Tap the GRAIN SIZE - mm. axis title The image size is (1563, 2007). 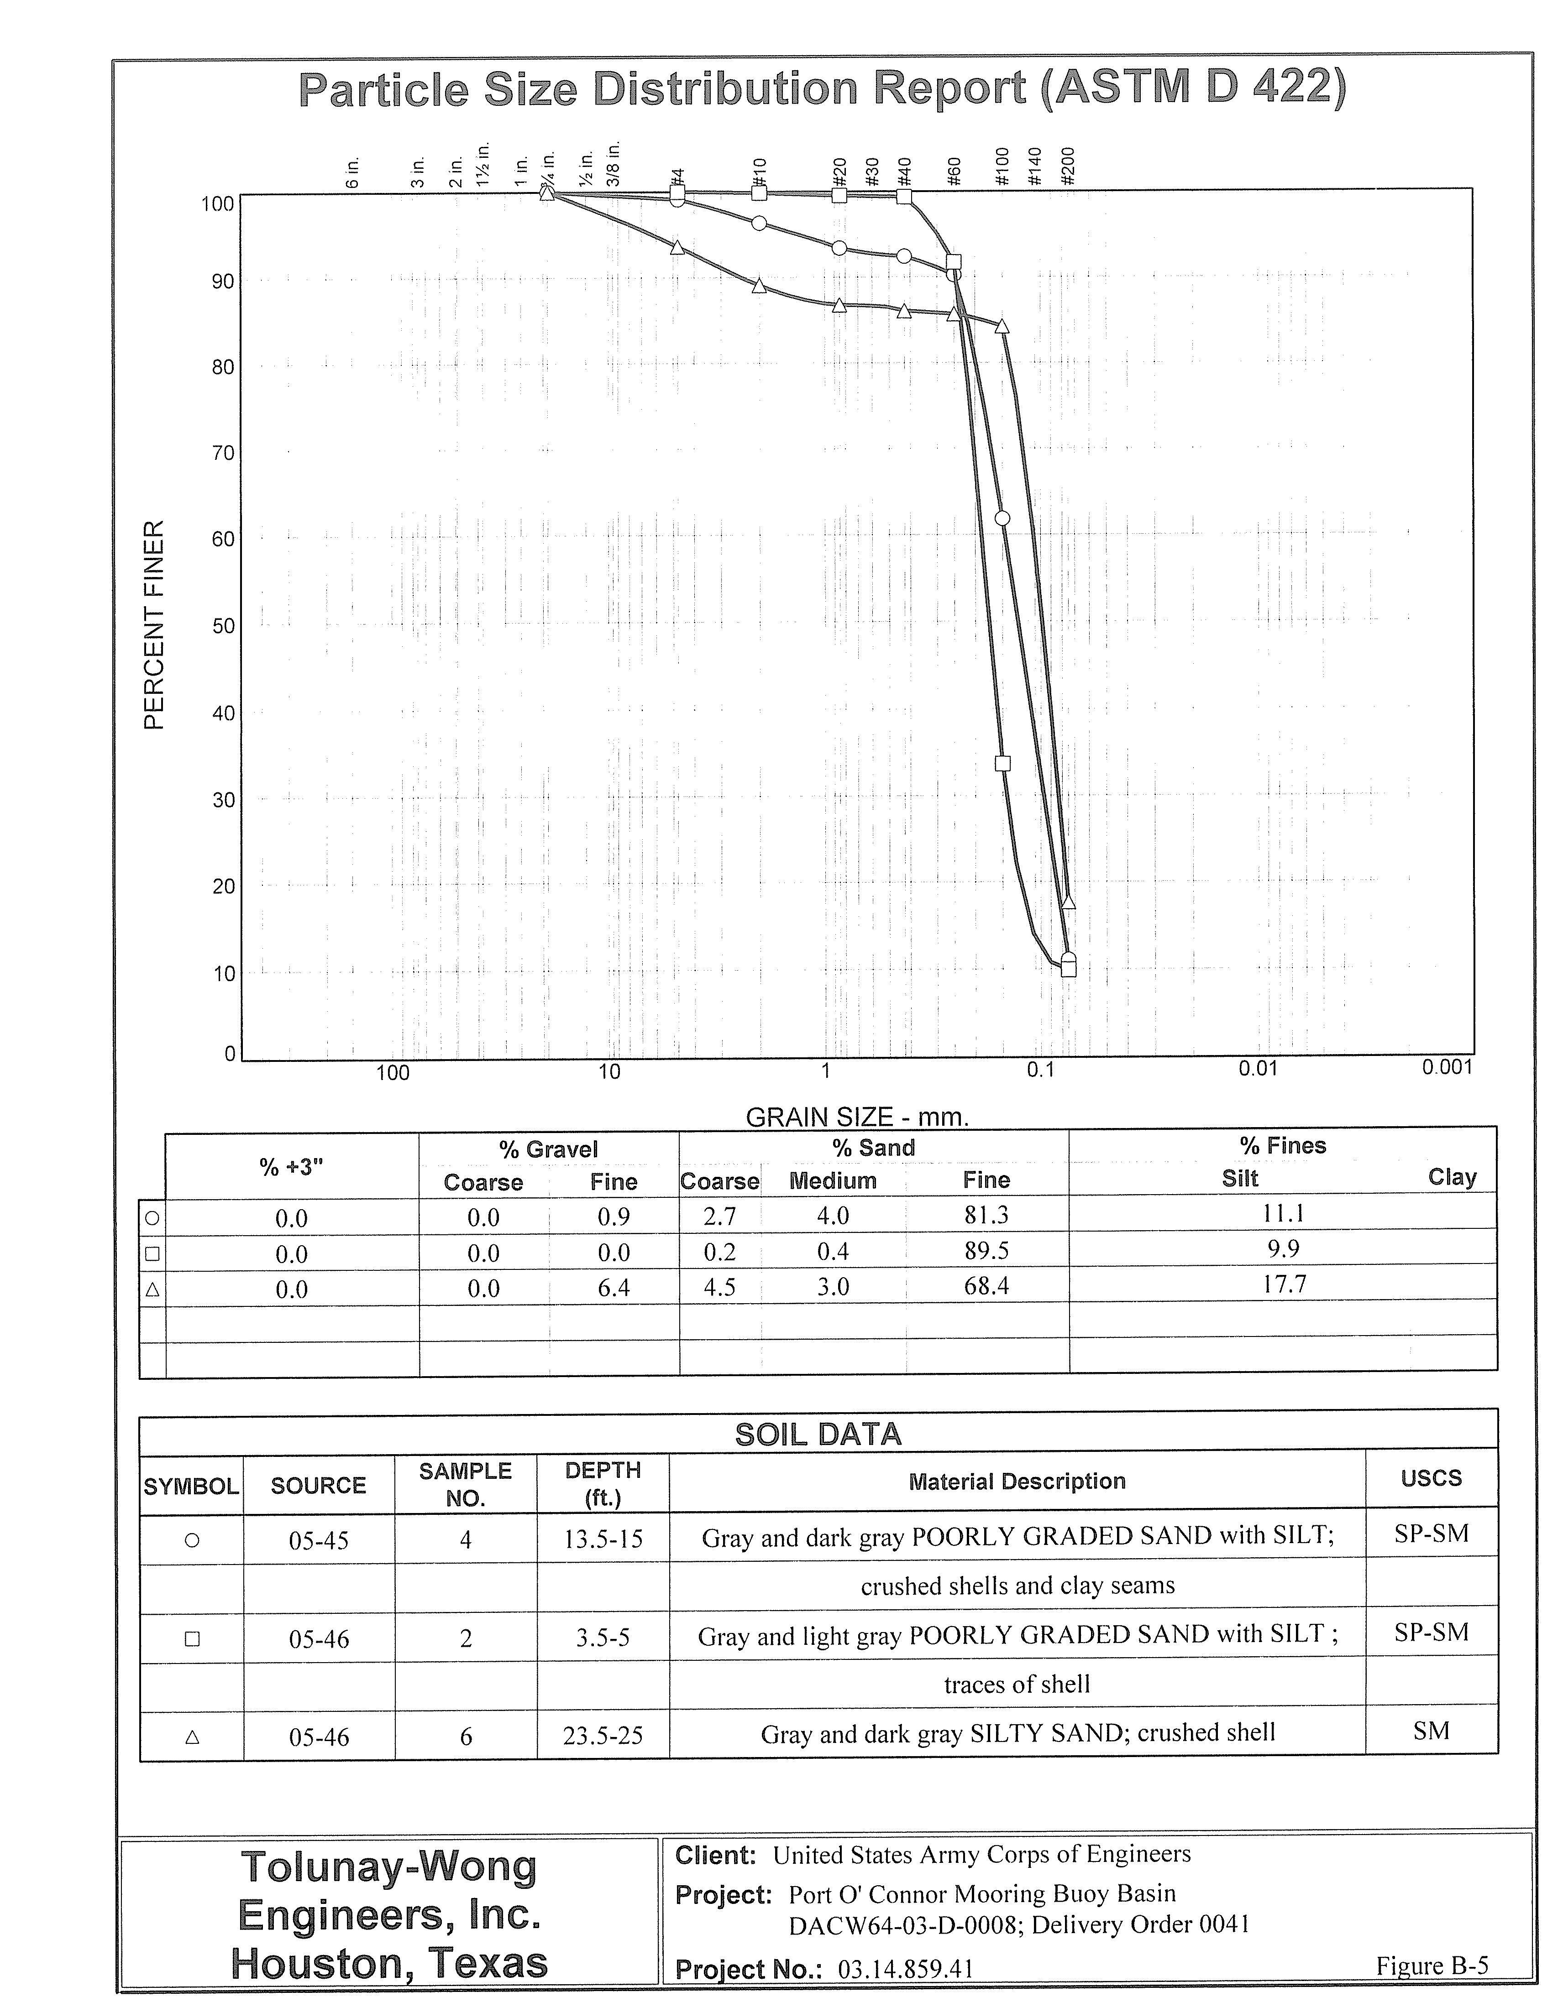(x=857, y=1118)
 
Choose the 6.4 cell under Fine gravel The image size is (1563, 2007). (x=613, y=1288)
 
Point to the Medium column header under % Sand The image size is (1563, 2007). (x=833, y=1181)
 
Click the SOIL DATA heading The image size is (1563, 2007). (x=818, y=1435)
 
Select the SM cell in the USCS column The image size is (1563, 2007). (x=1431, y=1731)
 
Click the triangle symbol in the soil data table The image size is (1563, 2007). (x=192, y=1737)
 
